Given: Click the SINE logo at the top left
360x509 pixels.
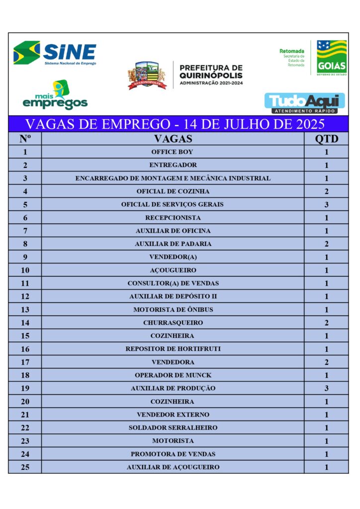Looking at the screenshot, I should click(x=55, y=53).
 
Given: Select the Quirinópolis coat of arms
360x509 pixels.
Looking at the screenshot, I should click(x=146, y=75).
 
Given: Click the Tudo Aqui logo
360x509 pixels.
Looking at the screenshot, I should click(x=304, y=103).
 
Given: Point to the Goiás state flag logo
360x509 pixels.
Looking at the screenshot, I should click(x=332, y=58).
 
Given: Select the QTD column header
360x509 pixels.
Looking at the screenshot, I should click(x=326, y=139).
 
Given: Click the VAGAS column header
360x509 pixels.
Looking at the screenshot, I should click(x=173, y=139).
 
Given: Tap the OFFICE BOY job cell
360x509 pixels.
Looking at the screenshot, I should click(x=173, y=152).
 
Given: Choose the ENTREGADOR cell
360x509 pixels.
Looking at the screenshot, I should click(x=173, y=165).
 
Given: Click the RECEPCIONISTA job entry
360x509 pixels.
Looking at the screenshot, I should click(x=173, y=218).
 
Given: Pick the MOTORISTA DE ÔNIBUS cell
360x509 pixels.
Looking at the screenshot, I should click(x=173, y=310).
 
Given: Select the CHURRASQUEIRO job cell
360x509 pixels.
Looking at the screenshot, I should click(x=173, y=323).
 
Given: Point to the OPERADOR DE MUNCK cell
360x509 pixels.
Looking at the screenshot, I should click(x=173, y=375).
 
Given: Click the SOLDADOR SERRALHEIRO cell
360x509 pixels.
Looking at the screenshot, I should click(x=173, y=427).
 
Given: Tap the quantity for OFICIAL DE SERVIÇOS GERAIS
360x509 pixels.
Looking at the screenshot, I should click(x=326, y=204).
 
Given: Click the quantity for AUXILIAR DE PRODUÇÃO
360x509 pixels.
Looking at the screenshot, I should click(x=326, y=388).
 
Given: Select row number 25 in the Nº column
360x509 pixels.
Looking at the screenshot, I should click(x=25, y=467).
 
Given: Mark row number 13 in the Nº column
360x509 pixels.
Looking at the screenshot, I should click(x=25, y=310).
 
